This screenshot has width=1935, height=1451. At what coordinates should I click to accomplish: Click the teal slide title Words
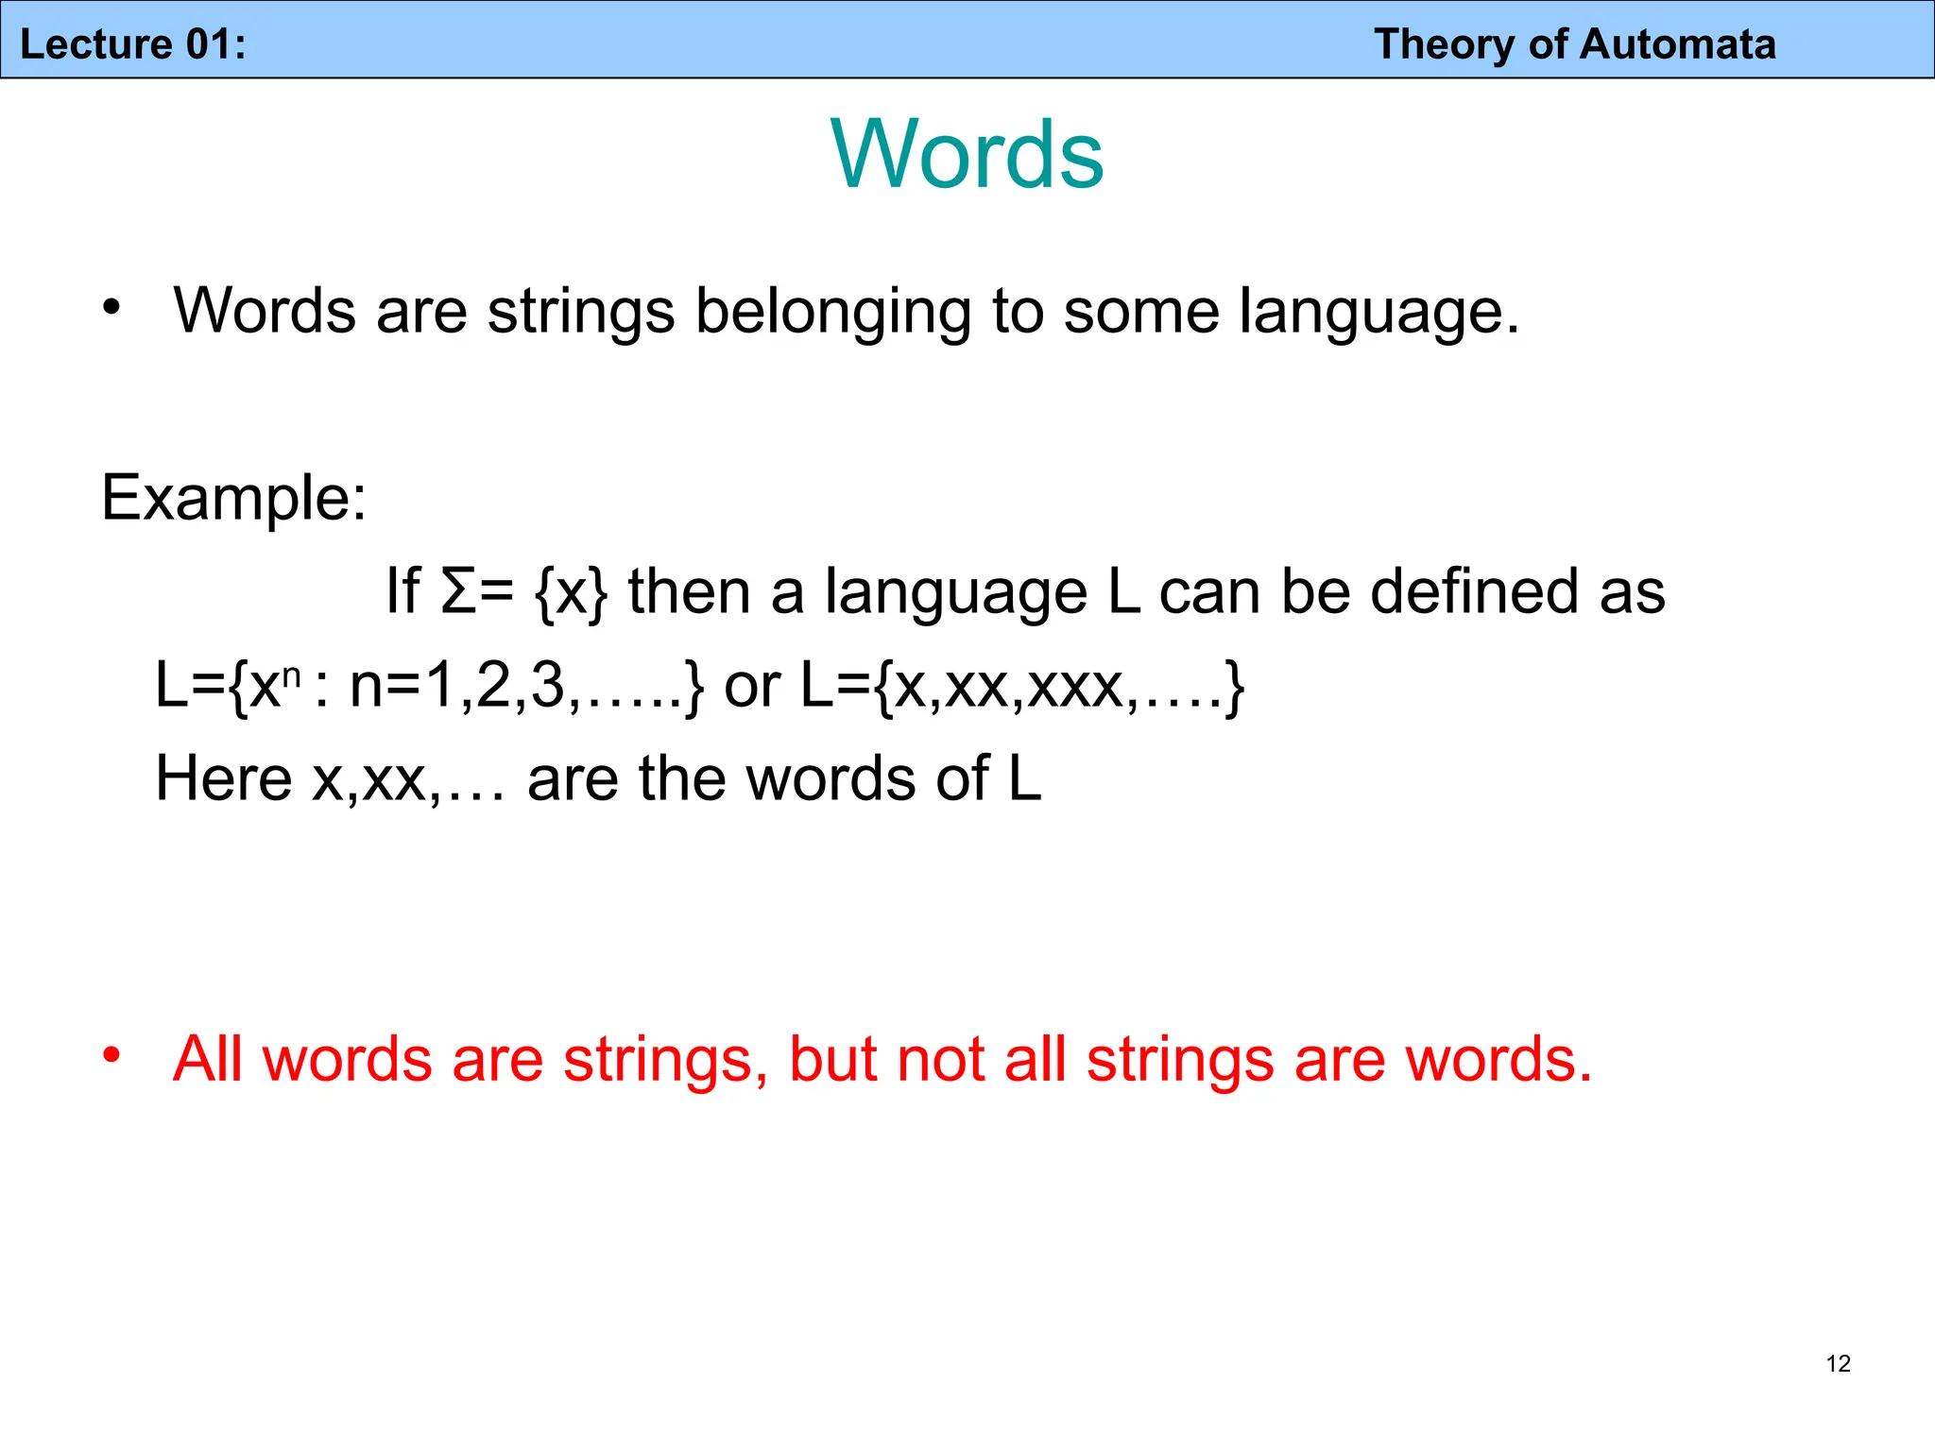[x=967, y=154]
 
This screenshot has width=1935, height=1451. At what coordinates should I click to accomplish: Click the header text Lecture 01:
[x=133, y=44]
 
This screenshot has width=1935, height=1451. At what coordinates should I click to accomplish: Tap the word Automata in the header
[x=1678, y=44]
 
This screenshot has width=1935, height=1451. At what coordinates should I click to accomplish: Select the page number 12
[x=1838, y=1363]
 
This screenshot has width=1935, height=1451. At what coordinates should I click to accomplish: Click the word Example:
[x=233, y=498]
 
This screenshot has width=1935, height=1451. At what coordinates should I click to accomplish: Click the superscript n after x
[x=292, y=674]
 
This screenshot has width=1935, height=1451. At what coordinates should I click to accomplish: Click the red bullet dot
[x=112, y=1054]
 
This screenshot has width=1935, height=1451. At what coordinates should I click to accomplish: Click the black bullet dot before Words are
[x=112, y=306]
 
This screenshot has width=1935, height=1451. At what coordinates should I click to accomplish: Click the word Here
[x=223, y=778]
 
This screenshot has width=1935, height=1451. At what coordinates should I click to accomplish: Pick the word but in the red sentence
[x=833, y=1059]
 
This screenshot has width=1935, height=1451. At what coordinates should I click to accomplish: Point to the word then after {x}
[x=689, y=591]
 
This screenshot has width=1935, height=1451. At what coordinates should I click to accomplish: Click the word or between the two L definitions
[x=752, y=686]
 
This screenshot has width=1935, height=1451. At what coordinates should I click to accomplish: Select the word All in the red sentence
[x=207, y=1059]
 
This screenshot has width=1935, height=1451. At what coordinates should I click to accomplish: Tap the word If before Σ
[x=402, y=591]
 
